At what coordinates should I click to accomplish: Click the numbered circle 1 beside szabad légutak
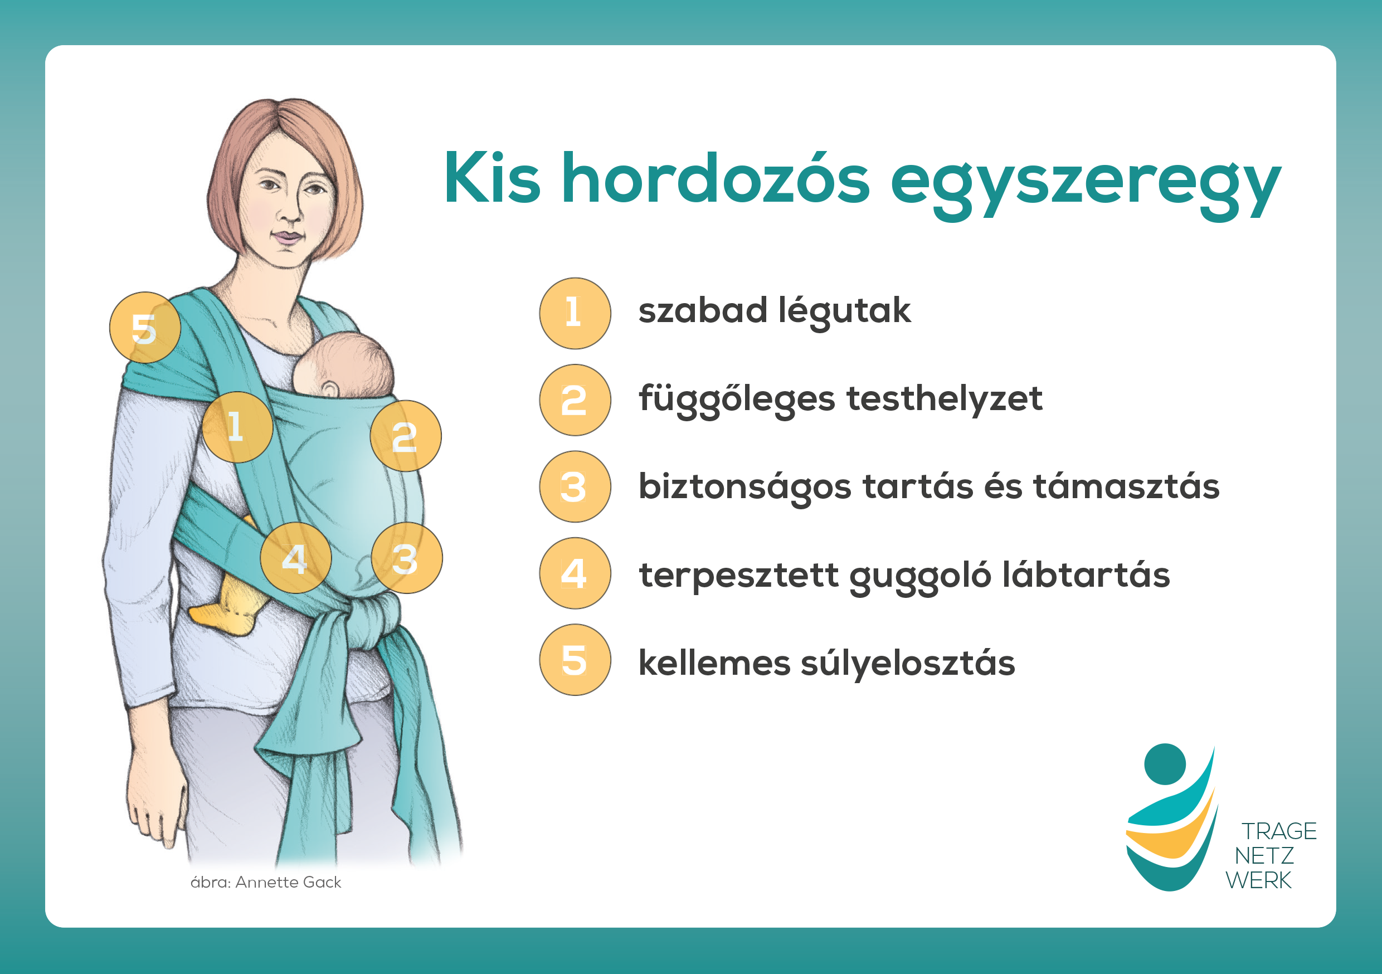pyautogui.click(x=575, y=313)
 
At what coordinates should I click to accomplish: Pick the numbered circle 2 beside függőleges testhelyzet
pyautogui.click(x=575, y=400)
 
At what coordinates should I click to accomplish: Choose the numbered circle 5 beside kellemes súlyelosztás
pyautogui.click(x=575, y=660)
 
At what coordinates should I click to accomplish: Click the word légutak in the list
pyautogui.click(x=844, y=312)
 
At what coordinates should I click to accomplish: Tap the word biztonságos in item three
pyautogui.click(x=744, y=487)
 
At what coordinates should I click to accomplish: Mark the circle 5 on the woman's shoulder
pyautogui.click(x=145, y=328)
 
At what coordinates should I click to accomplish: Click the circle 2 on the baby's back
pyautogui.click(x=406, y=436)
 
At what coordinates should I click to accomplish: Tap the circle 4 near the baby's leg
pyautogui.click(x=295, y=558)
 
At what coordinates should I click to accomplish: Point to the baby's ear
pyautogui.click(x=329, y=389)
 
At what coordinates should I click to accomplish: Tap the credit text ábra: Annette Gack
pyautogui.click(x=266, y=882)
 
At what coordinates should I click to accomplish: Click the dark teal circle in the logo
pyautogui.click(x=1165, y=764)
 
